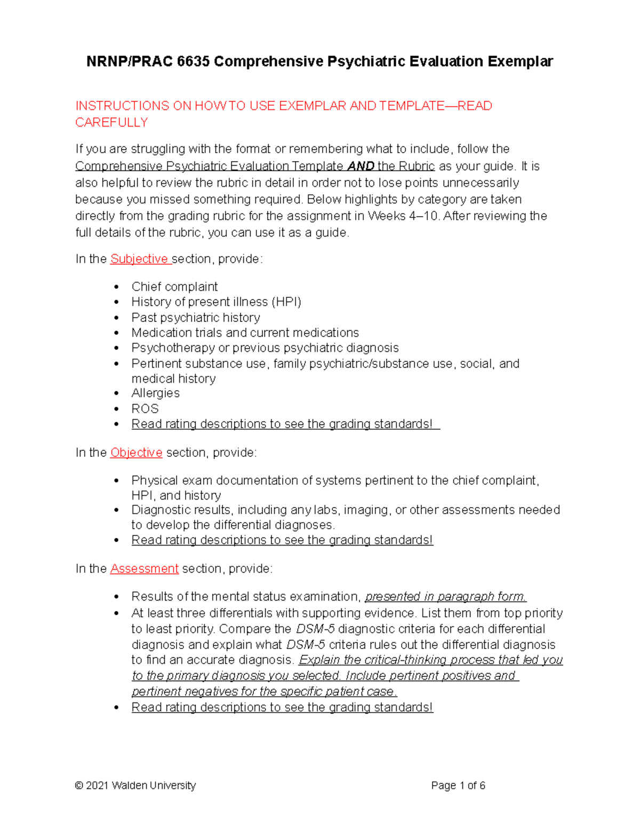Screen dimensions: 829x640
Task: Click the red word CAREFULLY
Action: point(111,123)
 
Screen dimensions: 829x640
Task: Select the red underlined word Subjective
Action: point(139,259)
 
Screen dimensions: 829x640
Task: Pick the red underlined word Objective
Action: point(136,453)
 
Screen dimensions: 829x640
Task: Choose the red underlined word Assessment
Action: point(144,569)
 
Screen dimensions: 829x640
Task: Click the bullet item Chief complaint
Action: point(174,287)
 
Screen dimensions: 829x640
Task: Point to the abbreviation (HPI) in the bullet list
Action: point(286,302)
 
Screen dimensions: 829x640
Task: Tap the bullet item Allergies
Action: point(155,393)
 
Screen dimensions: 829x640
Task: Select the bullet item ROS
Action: point(145,409)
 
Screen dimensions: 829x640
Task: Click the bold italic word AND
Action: point(361,167)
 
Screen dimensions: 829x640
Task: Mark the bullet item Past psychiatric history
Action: point(196,318)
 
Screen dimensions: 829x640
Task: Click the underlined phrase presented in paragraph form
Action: point(445,597)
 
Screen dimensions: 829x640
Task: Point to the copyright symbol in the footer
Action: point(79,786)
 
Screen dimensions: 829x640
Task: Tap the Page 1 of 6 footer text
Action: point(458,786)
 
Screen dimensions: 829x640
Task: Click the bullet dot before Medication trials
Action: point(117,333)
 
